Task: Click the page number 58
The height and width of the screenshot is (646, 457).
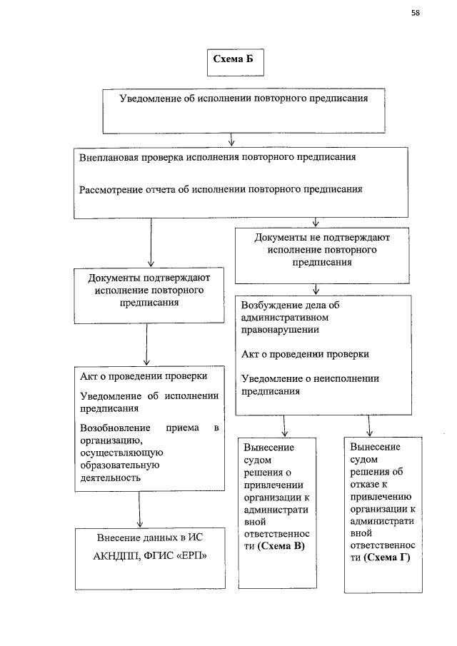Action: [x=415, y=13]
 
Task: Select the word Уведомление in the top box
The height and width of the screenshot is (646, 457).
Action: [x=151, y=99]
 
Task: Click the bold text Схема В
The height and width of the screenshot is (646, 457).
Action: [x=284, y=547]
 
